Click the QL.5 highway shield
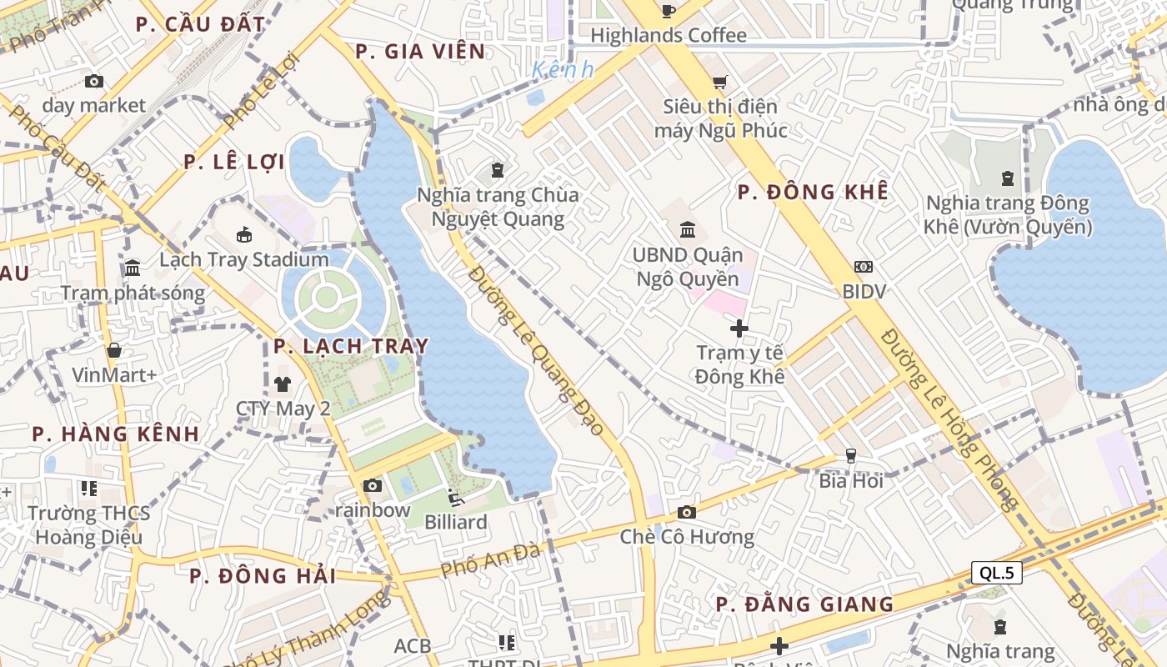[996, 573]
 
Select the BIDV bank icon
[863, 267]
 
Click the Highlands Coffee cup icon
[668, 11]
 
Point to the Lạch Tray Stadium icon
[244, 234]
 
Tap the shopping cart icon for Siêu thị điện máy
[719, 82]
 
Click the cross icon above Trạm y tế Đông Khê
[739, 328]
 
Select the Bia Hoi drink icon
[850, 455]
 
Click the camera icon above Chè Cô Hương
[686, 512]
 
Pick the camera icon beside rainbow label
[372, 485]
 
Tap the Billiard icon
[455, 498]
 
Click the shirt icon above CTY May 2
[283, 384]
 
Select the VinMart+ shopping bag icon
[114, 350]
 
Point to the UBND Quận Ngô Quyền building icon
[688, 229]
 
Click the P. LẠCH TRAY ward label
[351, 346]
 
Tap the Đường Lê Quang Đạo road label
[535, 350]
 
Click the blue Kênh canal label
[563, 70]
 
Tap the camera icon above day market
[94, 81]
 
